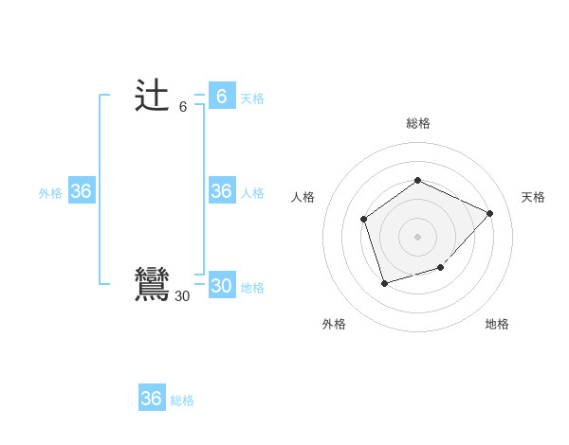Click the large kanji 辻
point(152,97)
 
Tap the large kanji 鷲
point(152,284)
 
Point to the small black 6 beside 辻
point(183,107)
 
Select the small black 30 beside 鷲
point(182,296)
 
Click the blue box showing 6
point(221,97)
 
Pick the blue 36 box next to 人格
point(221,191)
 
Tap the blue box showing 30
point(221,286)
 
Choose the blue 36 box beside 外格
point(81,191)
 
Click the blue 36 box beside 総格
point(151,399)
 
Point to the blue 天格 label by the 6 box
point(251,98)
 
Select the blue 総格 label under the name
point(182,400)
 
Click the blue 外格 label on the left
point(50,193)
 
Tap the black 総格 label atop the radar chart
point(418,123)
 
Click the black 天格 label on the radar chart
point(533,197)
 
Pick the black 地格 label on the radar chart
point(497,324)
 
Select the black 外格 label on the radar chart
point(334,324)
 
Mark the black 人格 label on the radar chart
point(303,197)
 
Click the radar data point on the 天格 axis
point(489,213)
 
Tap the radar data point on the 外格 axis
point(384,283)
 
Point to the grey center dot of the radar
point(417,236)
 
